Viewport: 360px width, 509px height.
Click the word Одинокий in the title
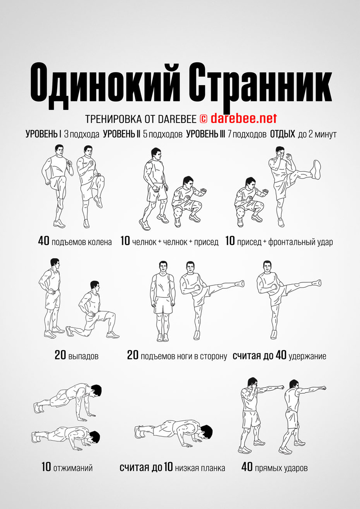[105, 85]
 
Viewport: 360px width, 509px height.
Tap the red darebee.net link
[244, 118]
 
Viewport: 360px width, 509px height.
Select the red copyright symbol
[204, 118]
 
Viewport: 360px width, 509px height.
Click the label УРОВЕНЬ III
[205, 134]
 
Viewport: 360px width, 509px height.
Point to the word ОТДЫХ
[282, 134]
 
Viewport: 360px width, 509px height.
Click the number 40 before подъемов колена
[44, 241]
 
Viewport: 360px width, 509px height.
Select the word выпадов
[83, 356]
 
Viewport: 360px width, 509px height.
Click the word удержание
[307, 356]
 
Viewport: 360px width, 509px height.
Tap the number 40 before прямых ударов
[247, 467]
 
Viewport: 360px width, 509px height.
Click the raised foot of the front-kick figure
[317, 169]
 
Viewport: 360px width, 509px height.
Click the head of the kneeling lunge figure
[95, 287]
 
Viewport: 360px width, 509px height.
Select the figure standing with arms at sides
[163, 301]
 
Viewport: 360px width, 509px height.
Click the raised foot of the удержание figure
[316, 282]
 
